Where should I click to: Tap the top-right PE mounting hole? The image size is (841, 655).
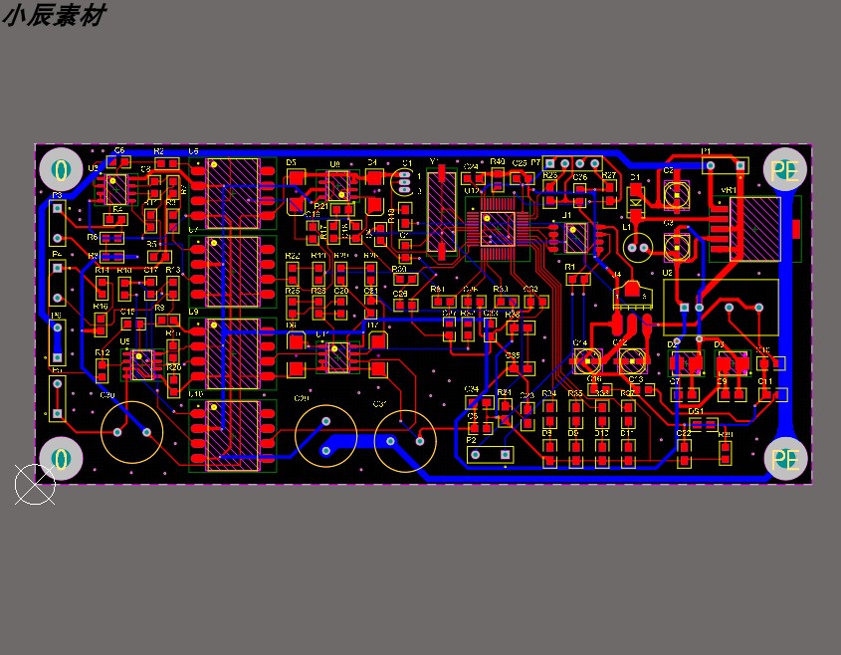[x=785, y=169]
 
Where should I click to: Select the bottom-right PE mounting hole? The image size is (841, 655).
[x=785, y=459]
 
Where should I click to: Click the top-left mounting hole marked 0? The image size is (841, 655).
[x=62, y=168]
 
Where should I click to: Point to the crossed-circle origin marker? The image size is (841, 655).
[x=35, y=485]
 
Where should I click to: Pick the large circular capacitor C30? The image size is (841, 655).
[x=132, y=433]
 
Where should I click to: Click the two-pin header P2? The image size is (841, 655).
[x=490, y=454]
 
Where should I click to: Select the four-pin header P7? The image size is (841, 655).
[x=572, y=164]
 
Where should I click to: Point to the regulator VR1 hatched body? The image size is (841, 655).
[x=753, y=229]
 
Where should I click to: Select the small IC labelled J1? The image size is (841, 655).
[x=575, y=237]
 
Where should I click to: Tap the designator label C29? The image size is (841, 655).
[x=301, y=399]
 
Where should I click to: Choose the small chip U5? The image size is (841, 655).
[x=141, y=363]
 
